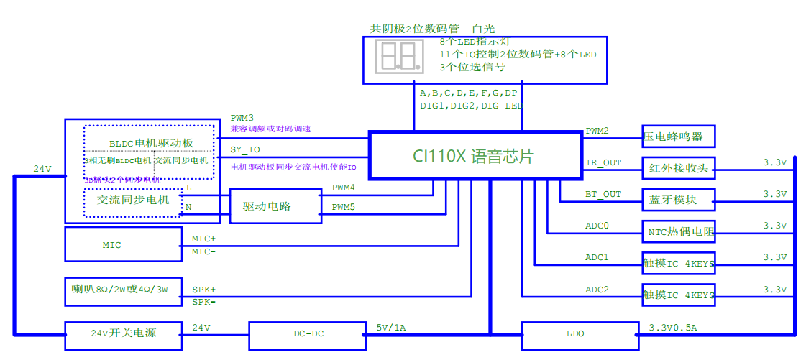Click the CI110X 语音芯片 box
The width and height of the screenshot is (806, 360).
pyautogui.click(x=475, y=154)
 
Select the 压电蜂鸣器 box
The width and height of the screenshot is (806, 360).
pyautogui.click(x=678, y=135)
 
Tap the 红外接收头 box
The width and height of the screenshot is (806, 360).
pyautogui.click(x=678, y=169)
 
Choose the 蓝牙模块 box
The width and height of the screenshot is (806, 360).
pyautogui.click(x=678, y=199)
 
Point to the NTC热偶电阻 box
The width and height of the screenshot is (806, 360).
pyautogui.click(x=678, y=231)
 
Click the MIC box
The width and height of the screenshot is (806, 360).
pyautogui.click(x=122, y=244)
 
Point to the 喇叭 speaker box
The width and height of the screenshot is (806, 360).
pyautogui.click(x=122, y=291)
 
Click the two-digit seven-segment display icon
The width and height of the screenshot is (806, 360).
pyautogui.click(x=397, y=56)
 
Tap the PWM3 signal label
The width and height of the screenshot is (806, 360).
pyautogui.click(x=242, y=117)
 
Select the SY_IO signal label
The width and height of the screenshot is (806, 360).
pyautogui.click(x=245, y=149)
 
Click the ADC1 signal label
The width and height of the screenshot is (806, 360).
pyautogui.click(x=597, y=257)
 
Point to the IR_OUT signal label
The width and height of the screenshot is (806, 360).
pyautogui.click(x=603, y=162)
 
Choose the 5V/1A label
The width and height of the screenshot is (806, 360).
pyautogui.click(x=391, y=328)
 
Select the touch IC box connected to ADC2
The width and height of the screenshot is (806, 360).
pyautogui.click(x=678, y=295)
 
